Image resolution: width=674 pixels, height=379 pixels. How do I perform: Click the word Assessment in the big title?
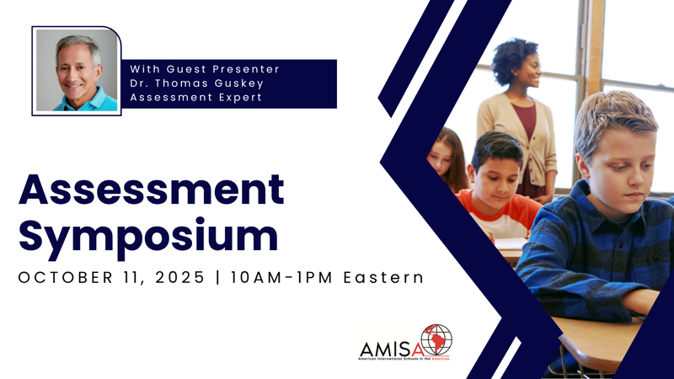tap(152, 189)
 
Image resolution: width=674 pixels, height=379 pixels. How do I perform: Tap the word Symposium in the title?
tap(148, 236)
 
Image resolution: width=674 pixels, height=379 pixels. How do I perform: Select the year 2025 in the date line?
tap(179, 277)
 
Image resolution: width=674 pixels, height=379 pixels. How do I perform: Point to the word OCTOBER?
tap(66, 277)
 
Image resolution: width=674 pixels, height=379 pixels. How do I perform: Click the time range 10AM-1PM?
tap(281, 277)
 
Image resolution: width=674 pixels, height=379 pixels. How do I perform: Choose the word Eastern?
tap(384, 277)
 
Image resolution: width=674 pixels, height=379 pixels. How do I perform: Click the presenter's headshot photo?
tap(77, 71)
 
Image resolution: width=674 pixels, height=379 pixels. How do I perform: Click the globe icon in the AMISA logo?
tap(436, 339)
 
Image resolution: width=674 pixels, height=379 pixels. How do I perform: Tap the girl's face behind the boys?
tap(441, 160)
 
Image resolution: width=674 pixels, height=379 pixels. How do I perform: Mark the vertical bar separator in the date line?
tap(218, 277)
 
